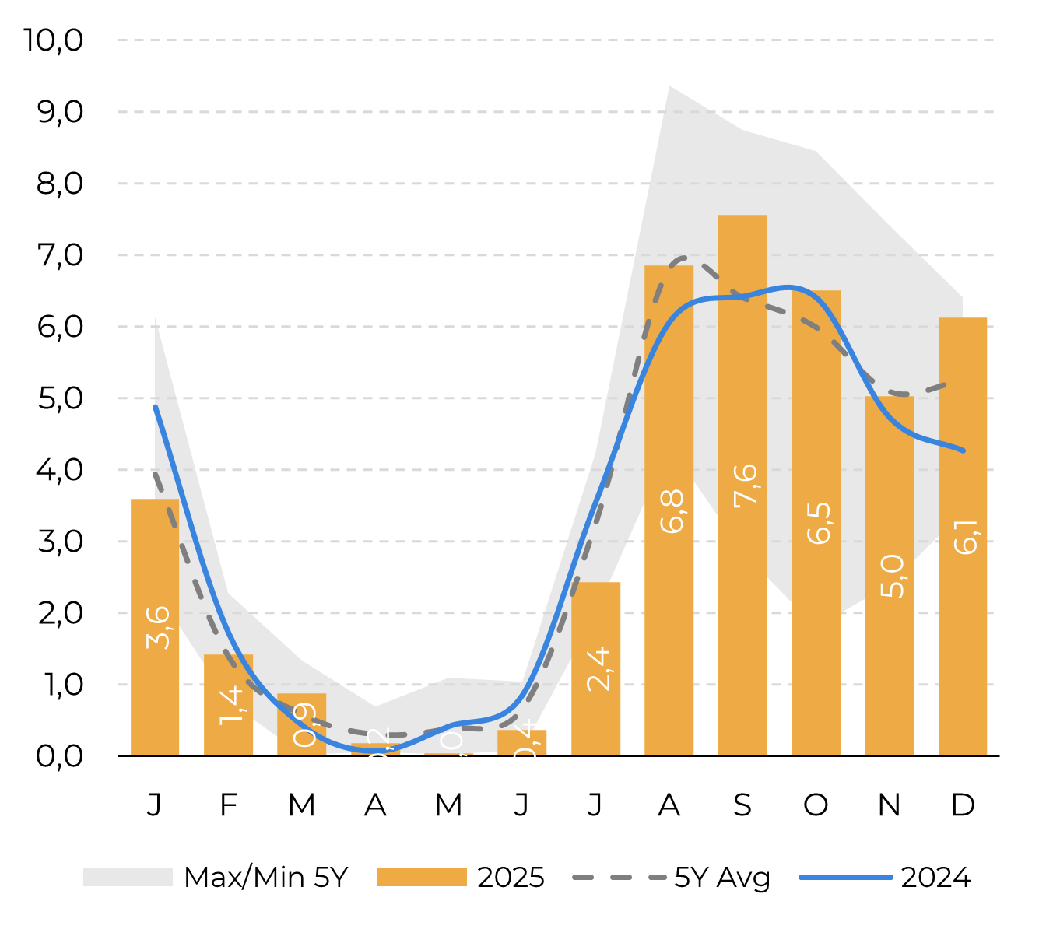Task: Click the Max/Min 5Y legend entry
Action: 216,878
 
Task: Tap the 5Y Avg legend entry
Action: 672,878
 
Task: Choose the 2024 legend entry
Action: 886,878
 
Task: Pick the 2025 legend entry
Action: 461,878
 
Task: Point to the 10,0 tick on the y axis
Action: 53,40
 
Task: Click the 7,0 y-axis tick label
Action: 59,254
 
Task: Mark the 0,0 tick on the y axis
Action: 59,755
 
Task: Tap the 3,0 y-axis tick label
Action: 59,541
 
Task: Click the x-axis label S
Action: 742,805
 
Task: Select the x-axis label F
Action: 228,805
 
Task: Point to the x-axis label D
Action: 963,805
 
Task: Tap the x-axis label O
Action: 816,805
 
